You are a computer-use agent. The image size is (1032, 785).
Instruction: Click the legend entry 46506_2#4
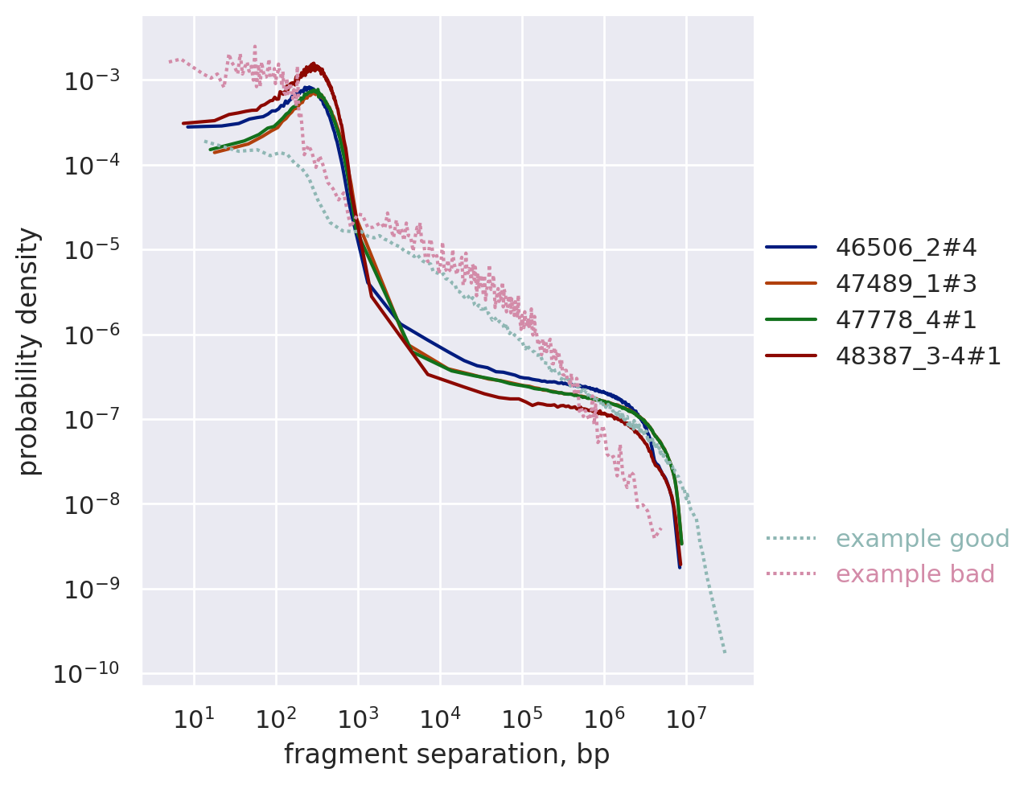click(906, 248)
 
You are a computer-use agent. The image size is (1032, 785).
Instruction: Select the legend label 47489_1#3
click(906, 284)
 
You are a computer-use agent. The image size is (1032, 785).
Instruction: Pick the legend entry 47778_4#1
click(906, 320)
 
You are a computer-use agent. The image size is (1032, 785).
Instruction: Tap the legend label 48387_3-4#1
click(918, 356)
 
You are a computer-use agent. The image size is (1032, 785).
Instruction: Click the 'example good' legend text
click(922, 539)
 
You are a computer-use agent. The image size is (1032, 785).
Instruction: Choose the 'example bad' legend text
click(915, 574)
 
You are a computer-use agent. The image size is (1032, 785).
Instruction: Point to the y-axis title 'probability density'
click(29, 351)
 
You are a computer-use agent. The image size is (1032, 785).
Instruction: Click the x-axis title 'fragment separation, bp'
click(446, 754)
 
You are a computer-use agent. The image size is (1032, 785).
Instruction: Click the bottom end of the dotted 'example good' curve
click(725, 652)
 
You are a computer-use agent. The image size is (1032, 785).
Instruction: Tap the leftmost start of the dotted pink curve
click(169, 61)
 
